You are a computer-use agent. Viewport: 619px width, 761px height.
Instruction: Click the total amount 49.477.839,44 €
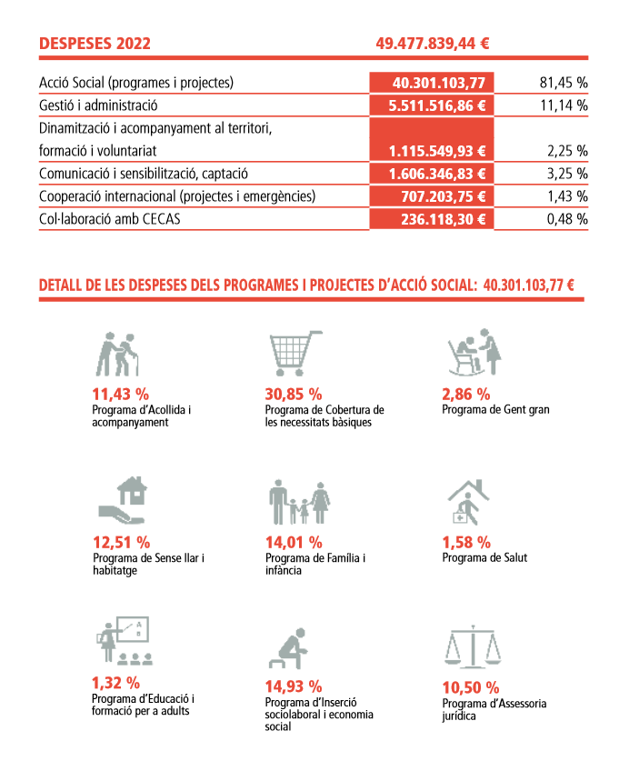(x=433, y=44)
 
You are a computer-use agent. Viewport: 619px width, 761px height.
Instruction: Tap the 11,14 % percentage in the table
(x=564, y=105)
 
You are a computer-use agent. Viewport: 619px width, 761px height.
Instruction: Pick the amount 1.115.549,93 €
(x=437, y=151)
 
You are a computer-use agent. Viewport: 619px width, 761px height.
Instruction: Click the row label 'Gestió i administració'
(x=98, y=105)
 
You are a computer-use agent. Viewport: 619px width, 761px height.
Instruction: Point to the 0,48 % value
(x=567, y=219)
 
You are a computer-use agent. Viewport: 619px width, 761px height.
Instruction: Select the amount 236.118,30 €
(x=444, y=219)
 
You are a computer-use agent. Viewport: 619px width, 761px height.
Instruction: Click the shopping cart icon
(x=295, y=353)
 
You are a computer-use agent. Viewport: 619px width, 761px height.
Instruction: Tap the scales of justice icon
(x=473, y=646)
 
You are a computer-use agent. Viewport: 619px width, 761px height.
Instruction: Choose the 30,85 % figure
(x=294, y=394)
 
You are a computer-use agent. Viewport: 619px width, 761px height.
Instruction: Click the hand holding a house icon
(x=123, y=500)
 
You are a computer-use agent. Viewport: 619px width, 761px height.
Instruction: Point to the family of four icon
(x=299, y=502)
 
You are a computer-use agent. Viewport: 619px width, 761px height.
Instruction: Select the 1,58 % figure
(x=466, y=542)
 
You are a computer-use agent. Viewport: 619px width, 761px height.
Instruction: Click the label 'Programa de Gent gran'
(x=495, y=410)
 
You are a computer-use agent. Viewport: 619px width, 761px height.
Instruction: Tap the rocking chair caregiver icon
(x=474, y=353)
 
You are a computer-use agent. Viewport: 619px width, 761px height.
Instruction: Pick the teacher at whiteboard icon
(x=125, y=640)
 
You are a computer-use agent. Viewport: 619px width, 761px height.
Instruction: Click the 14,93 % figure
(x=294, y=686)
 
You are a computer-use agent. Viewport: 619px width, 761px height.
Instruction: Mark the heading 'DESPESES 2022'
(x=95, y=44)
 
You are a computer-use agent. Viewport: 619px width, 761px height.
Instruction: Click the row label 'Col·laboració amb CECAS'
(x=110, y=219)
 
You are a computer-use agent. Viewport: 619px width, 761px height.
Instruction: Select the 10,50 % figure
(x=471, y=687)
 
